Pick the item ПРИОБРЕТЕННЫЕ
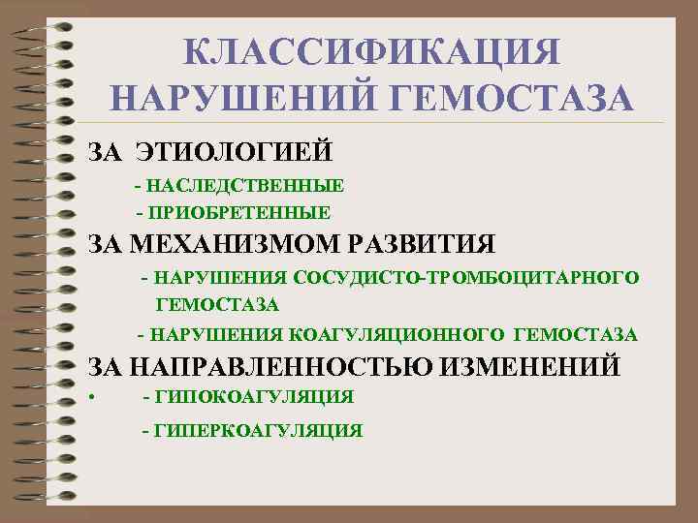pos(239,212)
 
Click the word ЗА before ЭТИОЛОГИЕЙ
pos(105,152)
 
